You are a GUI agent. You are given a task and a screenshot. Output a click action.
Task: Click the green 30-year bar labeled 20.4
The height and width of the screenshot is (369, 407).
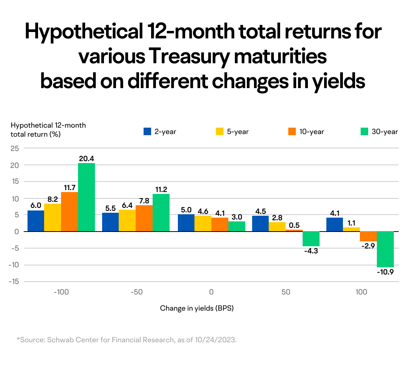coord(86,197)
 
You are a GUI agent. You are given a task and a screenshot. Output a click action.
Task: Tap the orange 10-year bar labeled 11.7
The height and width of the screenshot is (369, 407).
coord(69,212)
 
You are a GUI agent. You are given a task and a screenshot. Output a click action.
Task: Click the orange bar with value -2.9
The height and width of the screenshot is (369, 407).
coord(368,236)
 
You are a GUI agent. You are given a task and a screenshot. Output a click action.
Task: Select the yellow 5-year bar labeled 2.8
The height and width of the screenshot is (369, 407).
coord(277,227)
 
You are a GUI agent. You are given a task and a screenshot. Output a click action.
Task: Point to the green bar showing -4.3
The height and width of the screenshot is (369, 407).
coord(311,239)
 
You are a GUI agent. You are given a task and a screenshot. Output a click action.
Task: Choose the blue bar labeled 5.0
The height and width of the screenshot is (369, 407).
coord(186,223)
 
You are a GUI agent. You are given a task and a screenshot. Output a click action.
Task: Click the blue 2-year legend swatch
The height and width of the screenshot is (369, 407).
coord(147,132)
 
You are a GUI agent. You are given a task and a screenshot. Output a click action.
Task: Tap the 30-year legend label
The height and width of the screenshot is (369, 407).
coord(384,132)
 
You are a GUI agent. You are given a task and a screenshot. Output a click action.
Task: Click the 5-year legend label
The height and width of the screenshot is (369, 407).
coord(237,132)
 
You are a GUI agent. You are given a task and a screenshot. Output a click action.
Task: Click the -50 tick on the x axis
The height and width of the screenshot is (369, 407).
coord(136,292)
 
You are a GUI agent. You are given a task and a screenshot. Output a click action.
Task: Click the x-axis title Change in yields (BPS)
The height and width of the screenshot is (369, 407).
coord(197,308)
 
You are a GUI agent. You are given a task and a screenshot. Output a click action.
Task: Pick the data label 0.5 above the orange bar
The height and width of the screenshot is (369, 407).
coord(294,225)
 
